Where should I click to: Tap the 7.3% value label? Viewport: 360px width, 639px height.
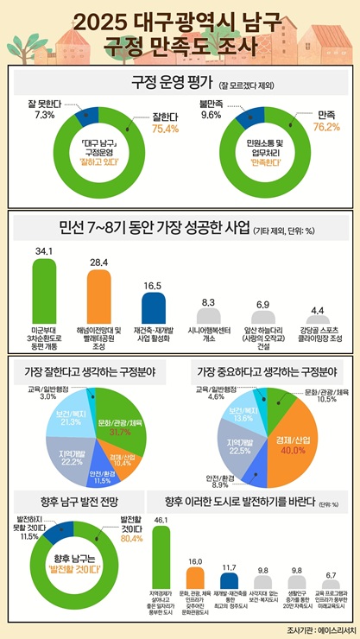click(x=43, y=115)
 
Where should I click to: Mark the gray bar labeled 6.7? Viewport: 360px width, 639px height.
click(x=330, y=584)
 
